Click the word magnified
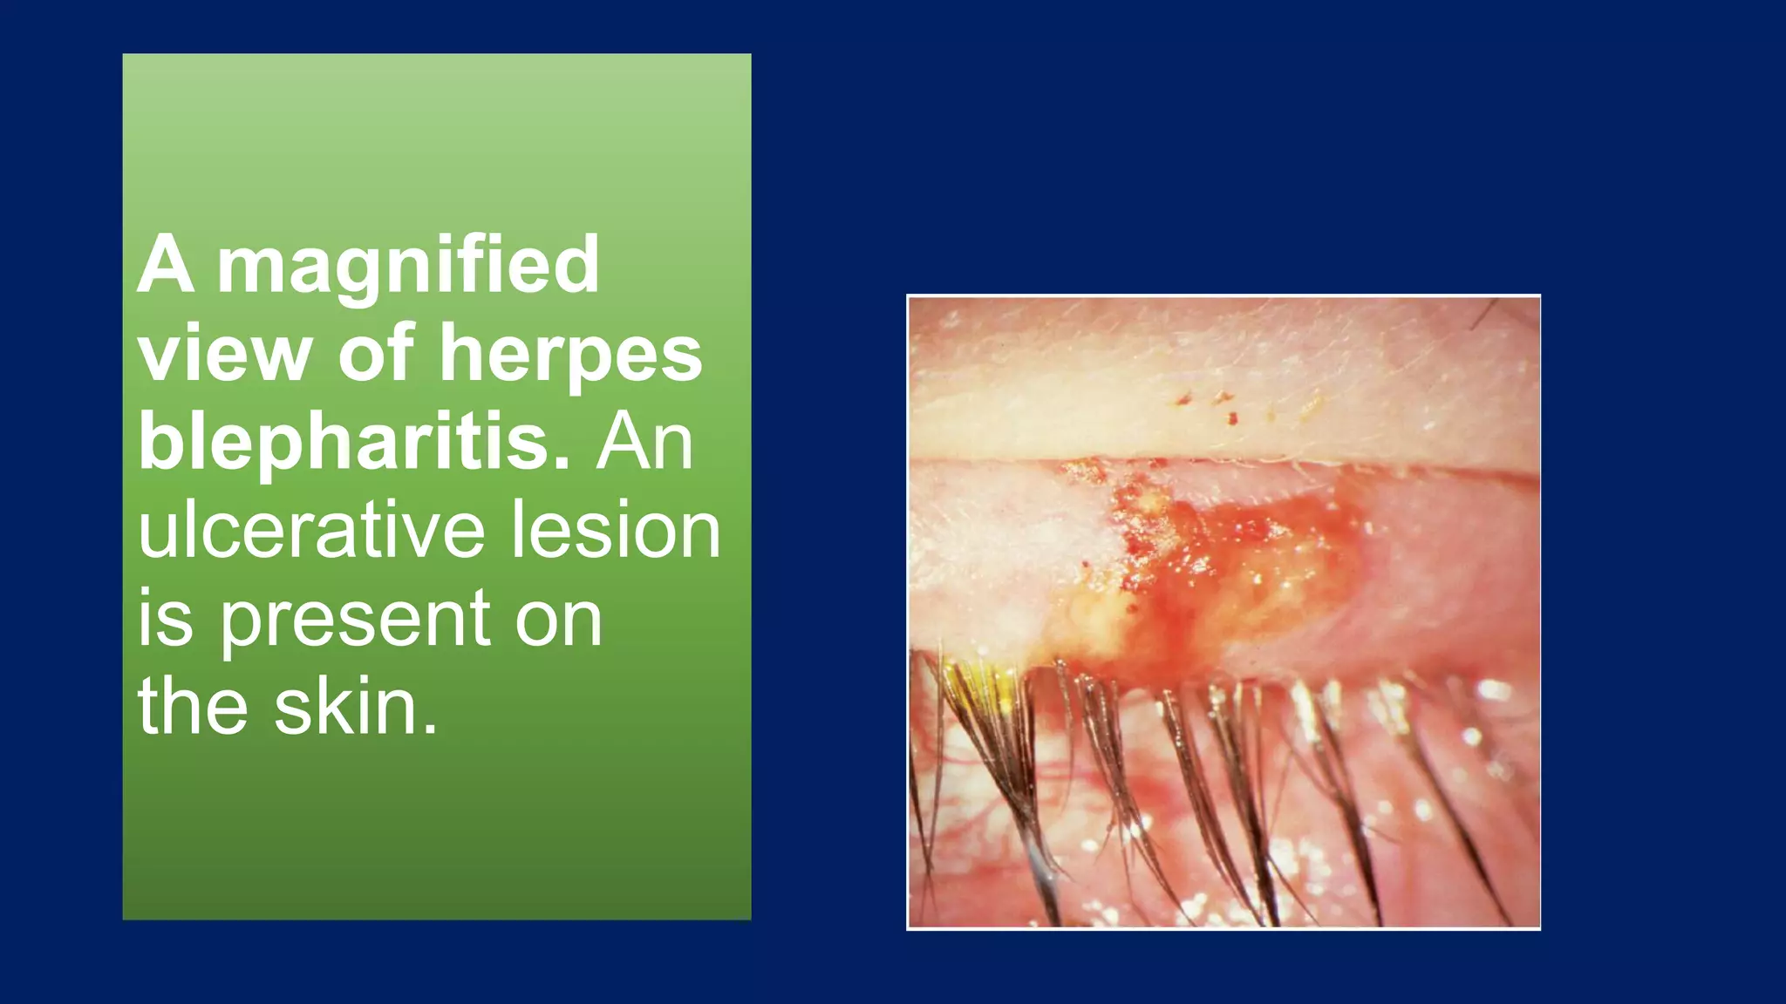(408, 266)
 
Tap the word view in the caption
(224, 353)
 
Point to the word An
(644, 442)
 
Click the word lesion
(616, 529)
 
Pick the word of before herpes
(375, 353)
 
